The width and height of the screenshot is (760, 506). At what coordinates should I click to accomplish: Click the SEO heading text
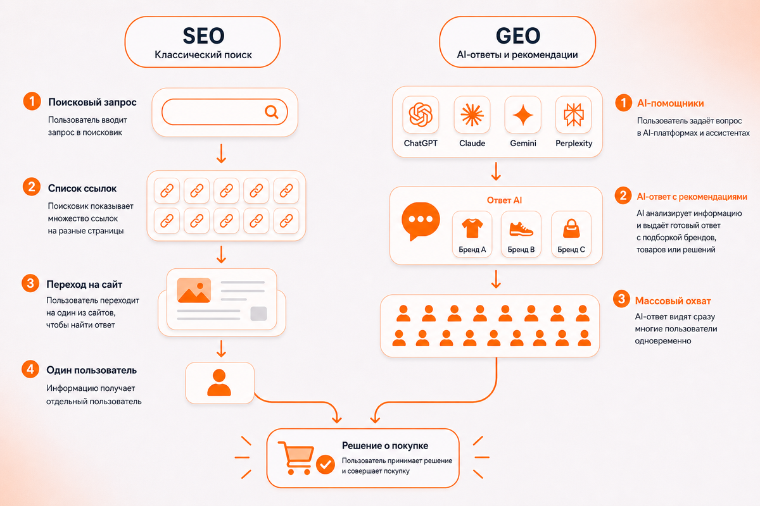(x=203, y=35)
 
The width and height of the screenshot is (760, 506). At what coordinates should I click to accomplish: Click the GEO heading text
(x=518, y=35)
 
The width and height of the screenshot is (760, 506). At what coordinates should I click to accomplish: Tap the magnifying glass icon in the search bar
(x=272, y=112)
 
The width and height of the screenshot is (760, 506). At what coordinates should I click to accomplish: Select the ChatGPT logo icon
(x=421, y=115)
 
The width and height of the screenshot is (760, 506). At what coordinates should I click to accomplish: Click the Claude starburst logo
(x=472, y=115)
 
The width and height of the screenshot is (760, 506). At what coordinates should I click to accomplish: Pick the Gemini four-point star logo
(x=523, y=115)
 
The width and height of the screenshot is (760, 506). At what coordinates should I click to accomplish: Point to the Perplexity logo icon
(x=573, y=115)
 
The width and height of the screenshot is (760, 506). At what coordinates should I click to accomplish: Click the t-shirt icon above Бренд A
(x=472, y=228)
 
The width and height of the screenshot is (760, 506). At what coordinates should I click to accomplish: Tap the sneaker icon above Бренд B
(x=521, y=229)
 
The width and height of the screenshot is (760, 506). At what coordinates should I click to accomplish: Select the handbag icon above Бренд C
(x=571, y=228)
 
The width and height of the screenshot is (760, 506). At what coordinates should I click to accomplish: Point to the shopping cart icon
(x=296, y=458)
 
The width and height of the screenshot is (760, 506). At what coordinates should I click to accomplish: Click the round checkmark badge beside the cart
(x=326, y=464)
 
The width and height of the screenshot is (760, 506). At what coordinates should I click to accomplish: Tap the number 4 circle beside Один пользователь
(x=30, y=369)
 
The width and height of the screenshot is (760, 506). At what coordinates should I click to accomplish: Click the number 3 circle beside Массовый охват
(x=621, y=299)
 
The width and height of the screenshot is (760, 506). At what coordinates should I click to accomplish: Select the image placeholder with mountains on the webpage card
(x=194, y=290)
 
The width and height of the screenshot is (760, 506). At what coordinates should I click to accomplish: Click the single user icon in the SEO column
(x=219, y=383)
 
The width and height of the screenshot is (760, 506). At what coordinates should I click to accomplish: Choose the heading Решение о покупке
(x=385, y=446)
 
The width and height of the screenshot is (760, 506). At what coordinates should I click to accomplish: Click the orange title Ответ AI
(x=504, y=201)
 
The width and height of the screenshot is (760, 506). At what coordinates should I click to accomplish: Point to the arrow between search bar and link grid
(x=221, y=154)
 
